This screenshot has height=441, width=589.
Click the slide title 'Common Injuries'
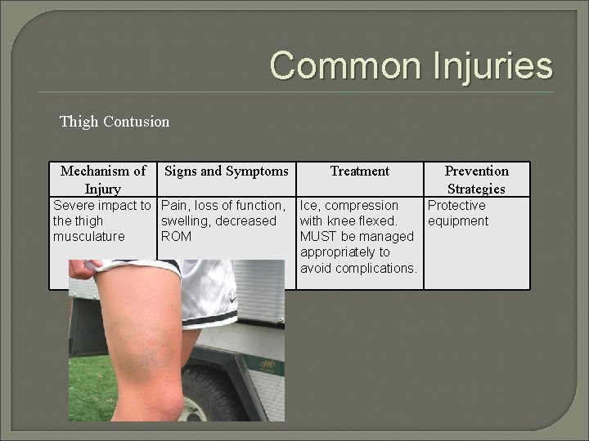point(411,65)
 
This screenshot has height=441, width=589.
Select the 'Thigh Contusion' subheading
point(115,122)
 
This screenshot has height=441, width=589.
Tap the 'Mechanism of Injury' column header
point(103,179)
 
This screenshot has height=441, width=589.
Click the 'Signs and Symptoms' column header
point(227,171)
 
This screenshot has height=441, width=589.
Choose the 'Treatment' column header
point(359,171)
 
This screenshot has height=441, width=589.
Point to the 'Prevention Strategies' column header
point(476,179)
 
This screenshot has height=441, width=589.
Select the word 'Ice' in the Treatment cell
point(309,206)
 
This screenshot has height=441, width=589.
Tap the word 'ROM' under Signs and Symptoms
point(177,237)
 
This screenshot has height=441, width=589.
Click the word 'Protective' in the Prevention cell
point(456,206)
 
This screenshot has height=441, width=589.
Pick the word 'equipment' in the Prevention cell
point(458,221)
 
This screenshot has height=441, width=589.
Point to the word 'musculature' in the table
point(88,237)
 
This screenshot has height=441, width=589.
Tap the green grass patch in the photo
point(82,384)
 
